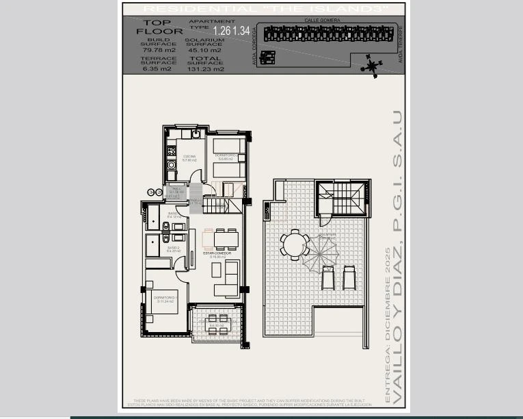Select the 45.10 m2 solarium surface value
coord(205,50)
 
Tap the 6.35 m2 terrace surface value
coord(157,68)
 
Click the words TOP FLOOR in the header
coord(159,27)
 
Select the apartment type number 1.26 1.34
coord(232,31)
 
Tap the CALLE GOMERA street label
coord(322,21)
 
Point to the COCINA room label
coord(189,157)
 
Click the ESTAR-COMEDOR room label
coord(217,253)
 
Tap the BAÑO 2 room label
coord(173,248)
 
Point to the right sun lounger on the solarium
coord(349,277)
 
